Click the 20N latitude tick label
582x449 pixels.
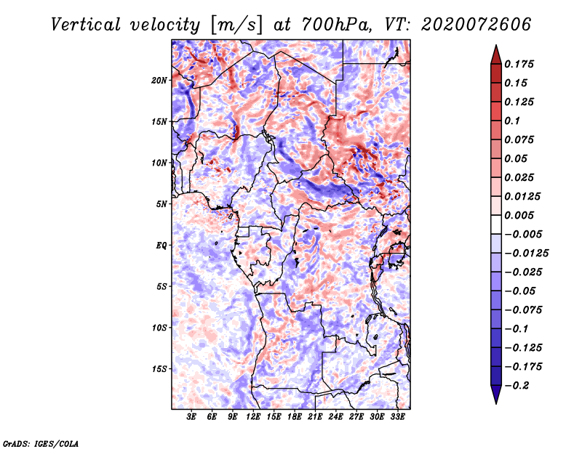click(159, 80)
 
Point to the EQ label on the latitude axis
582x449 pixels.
click(162, 246)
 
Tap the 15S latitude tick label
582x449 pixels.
click(159, 369)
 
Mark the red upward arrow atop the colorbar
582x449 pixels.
click(495, 54)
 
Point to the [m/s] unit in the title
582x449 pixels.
click(236, 25)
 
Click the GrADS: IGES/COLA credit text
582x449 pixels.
click(41, 442)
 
